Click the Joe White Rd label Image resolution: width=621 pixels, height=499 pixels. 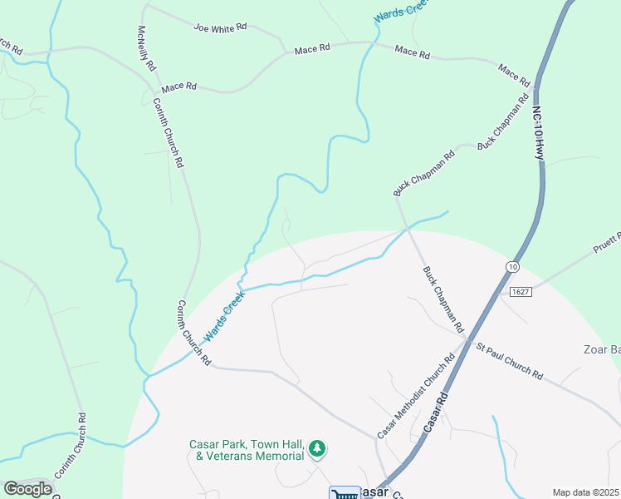click(221, 27)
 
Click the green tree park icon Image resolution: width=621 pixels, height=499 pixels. click(316, 450)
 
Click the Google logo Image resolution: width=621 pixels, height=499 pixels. click(27, 489)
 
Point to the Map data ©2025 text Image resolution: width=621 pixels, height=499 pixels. click(584, 492)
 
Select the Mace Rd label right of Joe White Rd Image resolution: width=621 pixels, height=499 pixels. click(312, 49)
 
